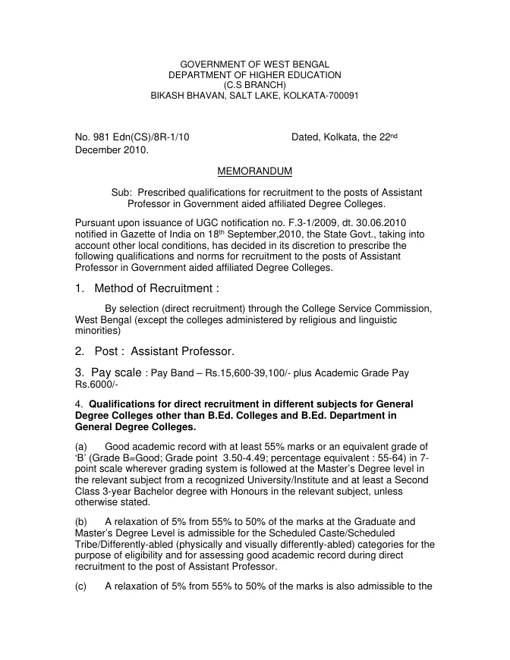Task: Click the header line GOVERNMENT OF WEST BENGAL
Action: (254, 64)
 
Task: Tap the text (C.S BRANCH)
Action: (254, 86)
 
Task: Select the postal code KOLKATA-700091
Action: (323, 96)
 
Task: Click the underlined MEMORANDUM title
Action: (254, 172)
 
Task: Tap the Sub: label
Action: (122, 193)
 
